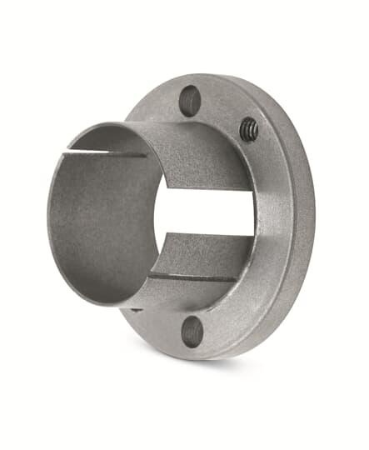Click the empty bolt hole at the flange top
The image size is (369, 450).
coord(190,100)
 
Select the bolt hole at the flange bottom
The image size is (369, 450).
coord(192,332)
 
